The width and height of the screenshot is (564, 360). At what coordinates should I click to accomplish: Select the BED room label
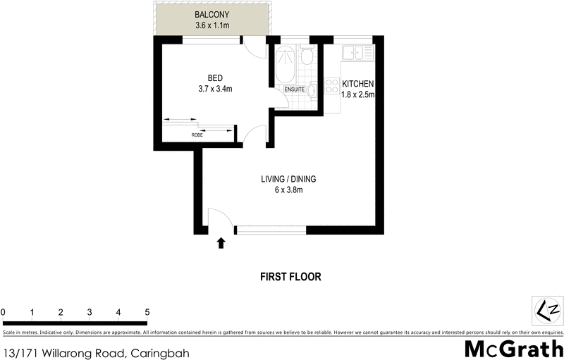point(215,77)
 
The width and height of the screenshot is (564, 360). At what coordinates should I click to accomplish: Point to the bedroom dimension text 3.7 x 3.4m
point(215,89)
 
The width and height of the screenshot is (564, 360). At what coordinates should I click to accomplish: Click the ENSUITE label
point(294,90)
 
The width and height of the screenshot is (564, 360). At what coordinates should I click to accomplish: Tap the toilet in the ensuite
point(306,57)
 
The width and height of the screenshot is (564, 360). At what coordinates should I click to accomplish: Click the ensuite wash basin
point(312,90)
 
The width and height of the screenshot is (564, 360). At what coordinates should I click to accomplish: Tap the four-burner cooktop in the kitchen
point(331,87)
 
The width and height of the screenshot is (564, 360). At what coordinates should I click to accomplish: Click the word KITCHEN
point(357,84)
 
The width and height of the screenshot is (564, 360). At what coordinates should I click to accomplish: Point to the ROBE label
point(197,135)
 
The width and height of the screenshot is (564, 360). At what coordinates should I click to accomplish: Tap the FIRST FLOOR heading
point(291,277)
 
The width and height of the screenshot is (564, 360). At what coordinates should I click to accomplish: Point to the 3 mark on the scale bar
point(90,312)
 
